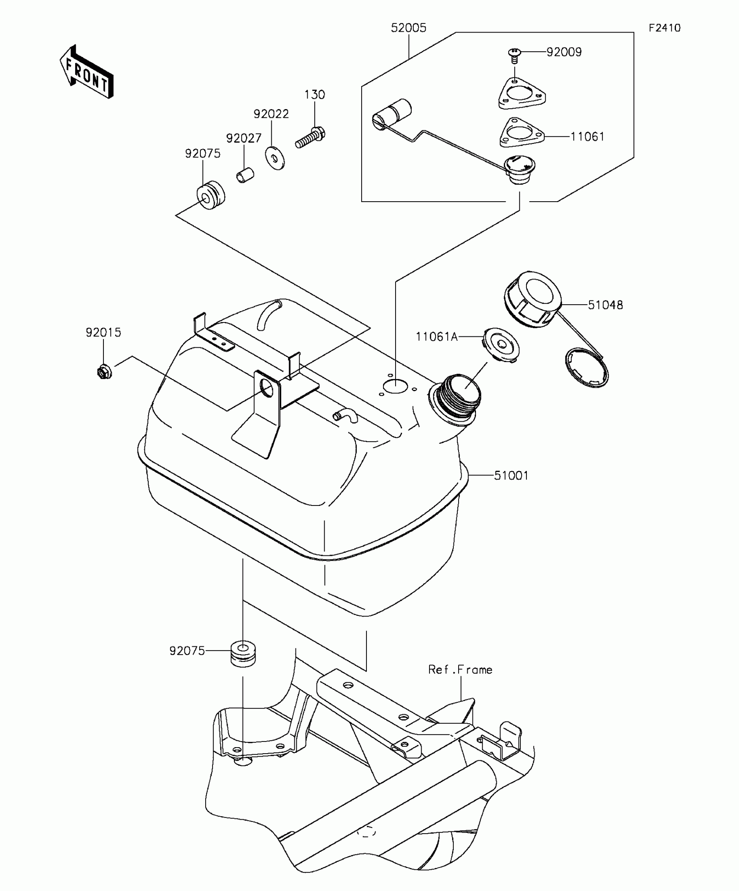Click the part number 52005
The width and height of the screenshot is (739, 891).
click(x=408, y=28)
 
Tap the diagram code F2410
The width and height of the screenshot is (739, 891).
click(x=664, y=28)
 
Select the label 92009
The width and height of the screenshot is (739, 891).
click(x=564, y=52)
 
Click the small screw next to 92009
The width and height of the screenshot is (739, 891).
click(x=515, y=55)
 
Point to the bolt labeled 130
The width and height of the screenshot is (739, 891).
click(x=311, y=136)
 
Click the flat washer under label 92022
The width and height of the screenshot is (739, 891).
click(x=275, y=159)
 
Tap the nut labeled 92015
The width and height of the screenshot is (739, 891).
click(x=104, y=372)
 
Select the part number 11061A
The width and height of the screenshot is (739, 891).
click(x=436, y=337)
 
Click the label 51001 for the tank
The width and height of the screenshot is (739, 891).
click(x=511, y=475)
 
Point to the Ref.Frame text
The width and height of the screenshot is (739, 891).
click(x=460, y=670)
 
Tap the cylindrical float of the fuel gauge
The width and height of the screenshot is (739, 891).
click(x=393, y=114)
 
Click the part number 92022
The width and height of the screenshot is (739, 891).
click(x=271, y=114)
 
